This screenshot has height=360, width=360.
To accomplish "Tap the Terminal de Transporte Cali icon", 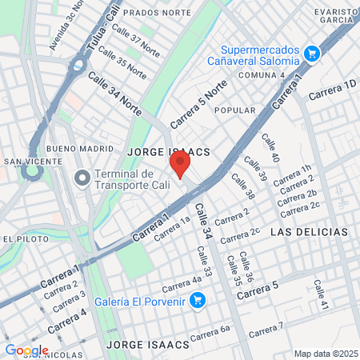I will coord(82,177).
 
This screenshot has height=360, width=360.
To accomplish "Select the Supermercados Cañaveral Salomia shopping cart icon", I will coord(312,54).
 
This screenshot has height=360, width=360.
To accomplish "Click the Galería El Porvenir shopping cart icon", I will coord(200,301).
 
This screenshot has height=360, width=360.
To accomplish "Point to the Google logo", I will coord(26,350).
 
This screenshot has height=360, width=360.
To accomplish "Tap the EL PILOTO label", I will coord(20,238).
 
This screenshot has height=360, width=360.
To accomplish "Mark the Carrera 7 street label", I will coord(266,329).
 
